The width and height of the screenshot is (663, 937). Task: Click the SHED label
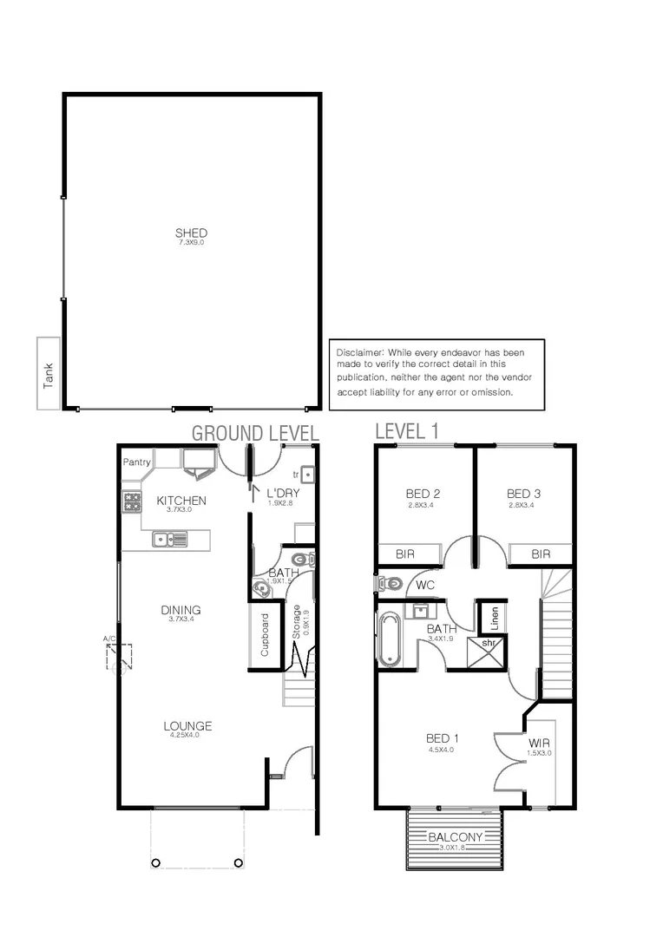(191, 233)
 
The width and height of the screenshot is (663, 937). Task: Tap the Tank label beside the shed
(49, 374)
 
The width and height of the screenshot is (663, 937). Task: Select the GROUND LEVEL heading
(255, 432)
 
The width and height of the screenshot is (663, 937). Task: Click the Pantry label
(137, 462)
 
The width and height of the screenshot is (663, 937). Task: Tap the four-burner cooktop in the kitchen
(133, 501)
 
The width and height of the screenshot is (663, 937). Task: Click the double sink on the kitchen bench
(170, 540)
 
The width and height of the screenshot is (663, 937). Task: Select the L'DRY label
(282, 492)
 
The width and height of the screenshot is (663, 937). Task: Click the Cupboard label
(266, 636)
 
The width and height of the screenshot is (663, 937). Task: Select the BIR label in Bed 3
(541, 554)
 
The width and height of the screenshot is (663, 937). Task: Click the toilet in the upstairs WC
(390, 584)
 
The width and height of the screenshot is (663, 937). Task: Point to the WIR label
(539, 744)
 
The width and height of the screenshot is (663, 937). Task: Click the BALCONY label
(456, 837)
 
